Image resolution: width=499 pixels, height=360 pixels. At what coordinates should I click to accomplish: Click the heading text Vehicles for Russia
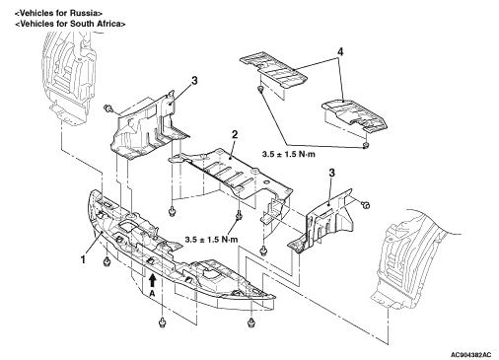point(59,14)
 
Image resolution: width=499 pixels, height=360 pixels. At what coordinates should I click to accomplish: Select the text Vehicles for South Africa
point(71,24)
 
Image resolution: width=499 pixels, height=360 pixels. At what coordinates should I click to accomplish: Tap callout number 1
point(83,259)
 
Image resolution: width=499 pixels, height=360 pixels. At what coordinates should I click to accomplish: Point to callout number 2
point(235,134)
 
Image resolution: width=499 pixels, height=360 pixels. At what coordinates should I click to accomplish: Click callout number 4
point(340,52)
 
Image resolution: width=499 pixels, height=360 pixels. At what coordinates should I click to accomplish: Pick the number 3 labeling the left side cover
point(194,81)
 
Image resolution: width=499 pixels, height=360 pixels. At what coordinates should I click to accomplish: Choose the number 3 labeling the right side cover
point(332,173)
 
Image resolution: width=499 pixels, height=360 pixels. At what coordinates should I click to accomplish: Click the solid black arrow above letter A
point(152,281)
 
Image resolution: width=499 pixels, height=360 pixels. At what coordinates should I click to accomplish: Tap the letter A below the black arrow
point(152,294)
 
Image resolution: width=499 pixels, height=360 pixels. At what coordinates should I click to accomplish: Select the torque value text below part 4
point(289,154)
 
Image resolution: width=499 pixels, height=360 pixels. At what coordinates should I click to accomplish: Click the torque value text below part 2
point(211,240)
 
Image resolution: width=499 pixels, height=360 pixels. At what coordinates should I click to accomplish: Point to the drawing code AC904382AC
point(471,355)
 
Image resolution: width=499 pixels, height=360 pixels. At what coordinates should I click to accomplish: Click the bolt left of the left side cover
point(107,108)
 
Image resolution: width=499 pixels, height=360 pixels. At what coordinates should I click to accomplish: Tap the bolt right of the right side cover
point(365,205)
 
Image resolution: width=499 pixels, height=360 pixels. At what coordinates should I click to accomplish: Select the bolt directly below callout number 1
point(107,261)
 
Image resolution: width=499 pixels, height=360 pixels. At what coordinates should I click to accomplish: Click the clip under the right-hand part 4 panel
point(365,145)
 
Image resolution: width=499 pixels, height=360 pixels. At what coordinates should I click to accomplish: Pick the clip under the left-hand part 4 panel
point(260,89)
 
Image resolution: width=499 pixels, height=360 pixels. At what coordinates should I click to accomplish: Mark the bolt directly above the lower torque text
point(239,216)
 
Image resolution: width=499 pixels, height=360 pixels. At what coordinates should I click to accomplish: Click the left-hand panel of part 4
point(273,69)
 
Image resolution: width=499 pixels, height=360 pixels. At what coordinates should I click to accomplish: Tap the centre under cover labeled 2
point(230,176)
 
